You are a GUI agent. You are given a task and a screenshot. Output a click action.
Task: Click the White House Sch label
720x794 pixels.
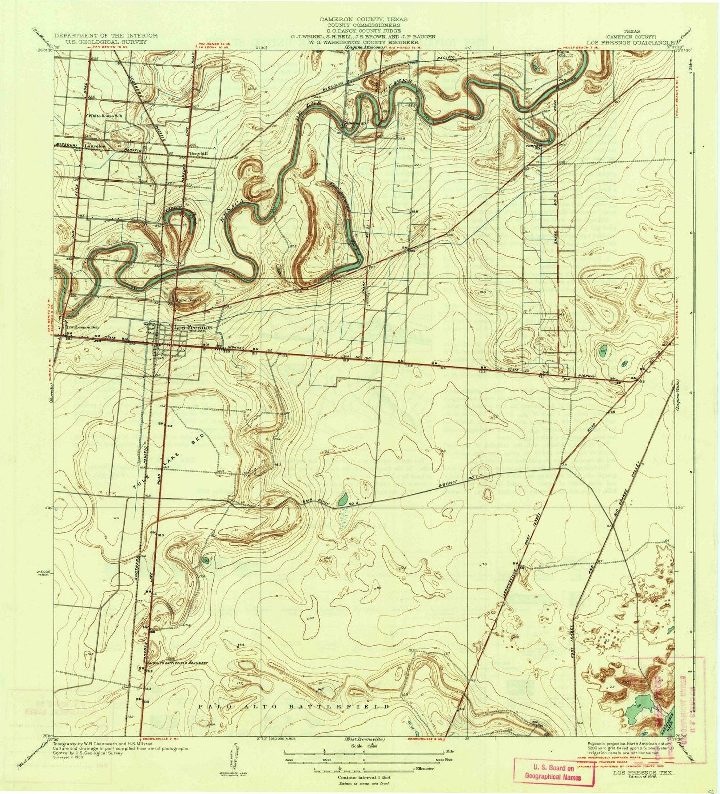[105, 115]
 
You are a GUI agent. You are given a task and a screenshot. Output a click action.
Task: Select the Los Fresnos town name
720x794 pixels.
[193, 328]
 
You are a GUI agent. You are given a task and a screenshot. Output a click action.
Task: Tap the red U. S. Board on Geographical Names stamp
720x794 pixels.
[555, 772]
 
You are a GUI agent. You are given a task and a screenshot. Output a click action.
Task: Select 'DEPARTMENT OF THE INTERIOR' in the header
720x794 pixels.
[106, 36]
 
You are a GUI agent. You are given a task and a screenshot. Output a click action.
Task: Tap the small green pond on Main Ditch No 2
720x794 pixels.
[342, 499]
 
